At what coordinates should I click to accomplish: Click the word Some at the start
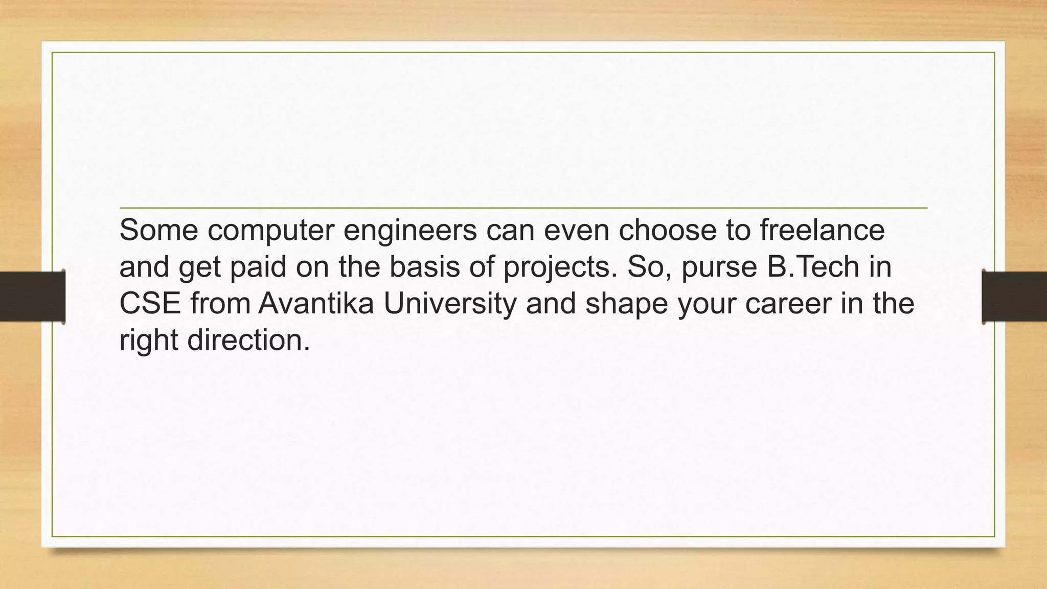[158, 230]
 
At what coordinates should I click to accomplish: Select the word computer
[270, 231]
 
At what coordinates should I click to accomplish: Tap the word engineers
[410, 231]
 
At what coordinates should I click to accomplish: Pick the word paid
[258, 267]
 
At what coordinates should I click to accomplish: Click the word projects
[560, 268]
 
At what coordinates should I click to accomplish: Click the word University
[450, 304]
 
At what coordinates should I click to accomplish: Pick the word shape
[627, 304]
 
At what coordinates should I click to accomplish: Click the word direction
[248, 340]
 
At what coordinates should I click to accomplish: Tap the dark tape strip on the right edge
[1014, 297]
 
